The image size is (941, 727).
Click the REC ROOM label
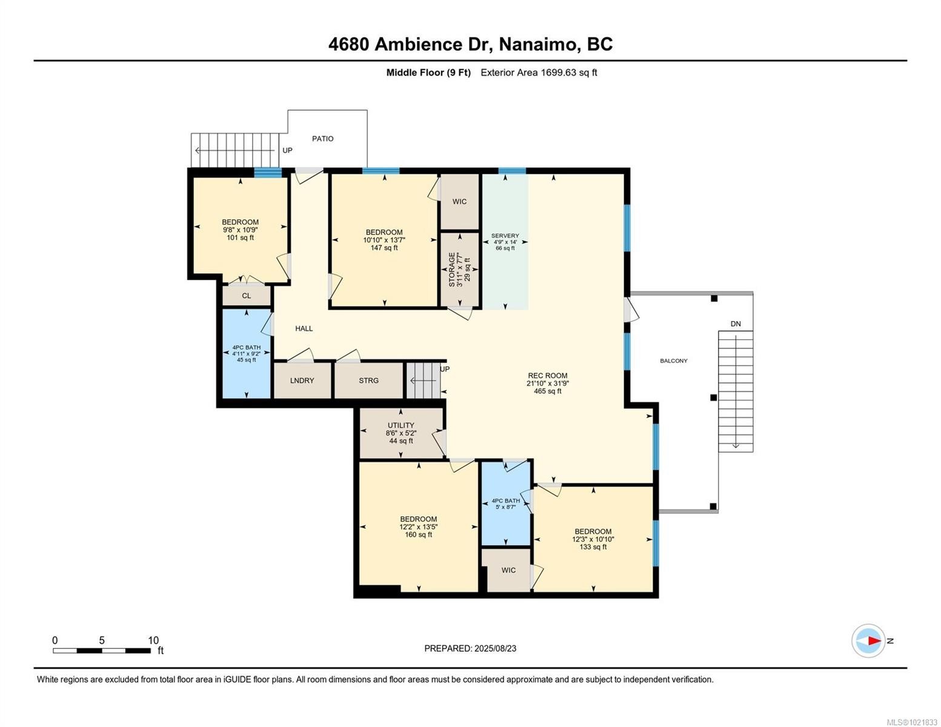coord(547,376)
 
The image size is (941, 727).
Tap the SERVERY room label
coord(505,236)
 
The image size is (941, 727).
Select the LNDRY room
coord(302,380)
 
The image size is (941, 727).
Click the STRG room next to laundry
coord(368,380)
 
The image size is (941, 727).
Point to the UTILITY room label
coord(401,425)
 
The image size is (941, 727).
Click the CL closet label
coord(246,296)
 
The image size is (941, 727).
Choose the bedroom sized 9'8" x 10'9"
coord(240,230)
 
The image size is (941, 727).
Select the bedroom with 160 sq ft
coord(418,526)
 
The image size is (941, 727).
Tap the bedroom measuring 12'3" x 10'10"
coord(593,539)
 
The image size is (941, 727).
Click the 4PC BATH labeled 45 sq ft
coord(246,353)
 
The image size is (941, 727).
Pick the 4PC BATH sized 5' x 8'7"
coord(505,504)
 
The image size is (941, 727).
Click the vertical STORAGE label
coord(452,270)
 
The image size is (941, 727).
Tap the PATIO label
coord(322,139)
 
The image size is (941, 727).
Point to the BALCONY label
coord(673,361)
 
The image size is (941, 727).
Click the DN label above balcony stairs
coord(735,324)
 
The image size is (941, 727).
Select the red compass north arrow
coord(873,640)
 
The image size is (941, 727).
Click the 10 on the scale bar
coord(153,640)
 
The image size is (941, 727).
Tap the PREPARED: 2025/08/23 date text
coord(470,648)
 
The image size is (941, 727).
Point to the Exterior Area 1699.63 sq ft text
coord(539,73)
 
